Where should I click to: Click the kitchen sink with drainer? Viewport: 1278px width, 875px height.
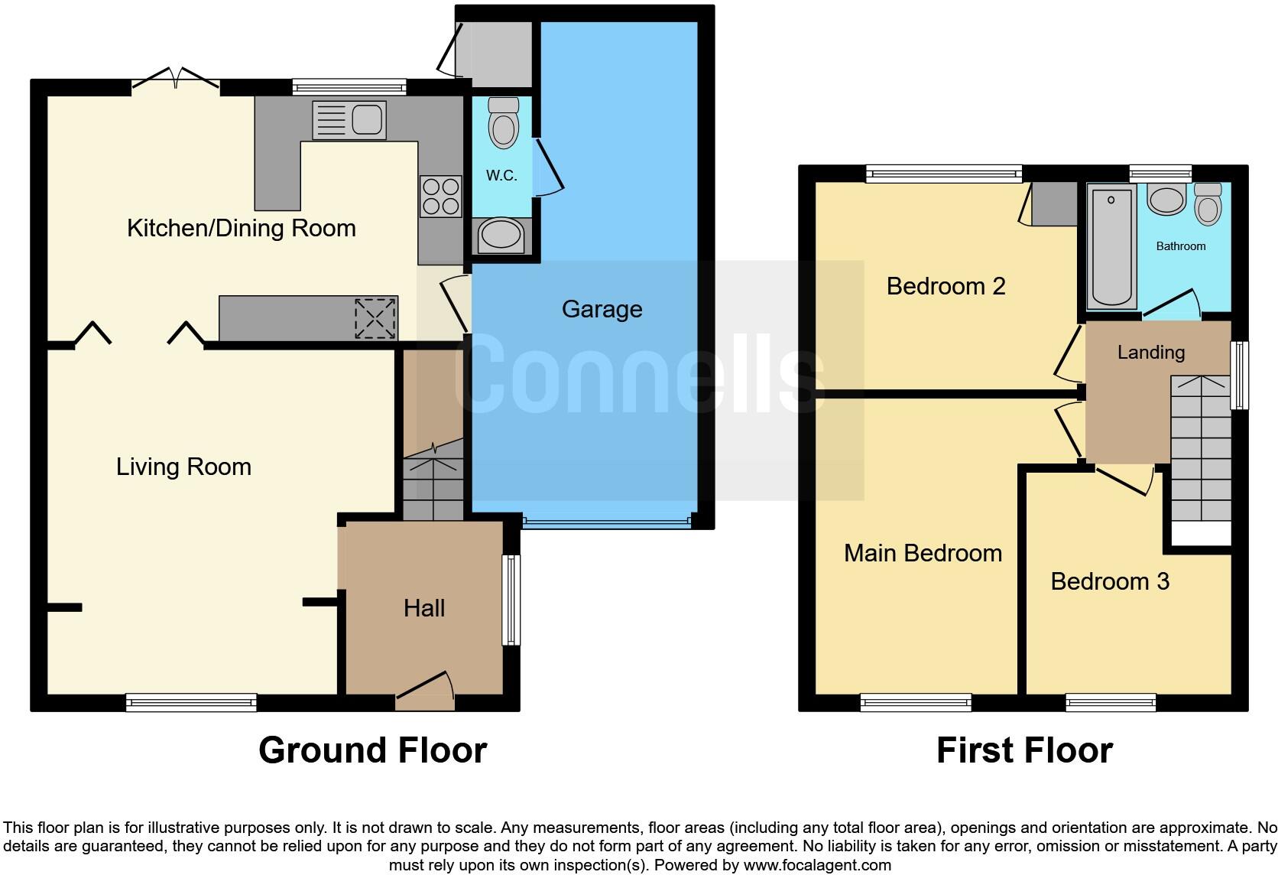point(349,121)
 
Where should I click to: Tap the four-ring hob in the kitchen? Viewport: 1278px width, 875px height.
point(441,197)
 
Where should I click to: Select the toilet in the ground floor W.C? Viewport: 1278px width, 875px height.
point(503,122)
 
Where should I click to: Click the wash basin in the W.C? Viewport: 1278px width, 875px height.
point(501,235)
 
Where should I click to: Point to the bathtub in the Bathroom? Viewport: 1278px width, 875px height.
point(1111,246)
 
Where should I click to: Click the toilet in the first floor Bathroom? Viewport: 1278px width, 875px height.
point(1208,203)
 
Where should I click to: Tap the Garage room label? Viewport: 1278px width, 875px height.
point(602,309)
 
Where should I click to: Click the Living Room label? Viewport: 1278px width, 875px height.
point(183,467)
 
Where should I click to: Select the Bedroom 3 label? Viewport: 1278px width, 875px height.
point(1110,581)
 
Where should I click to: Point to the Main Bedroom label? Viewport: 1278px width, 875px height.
point(923,553)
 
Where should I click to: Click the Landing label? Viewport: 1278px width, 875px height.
point(1150,352)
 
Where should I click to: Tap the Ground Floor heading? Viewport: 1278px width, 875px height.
point(372,750)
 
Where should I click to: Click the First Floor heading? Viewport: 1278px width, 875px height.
point(1024,750)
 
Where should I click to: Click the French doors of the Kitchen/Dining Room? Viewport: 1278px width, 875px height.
point(177,80)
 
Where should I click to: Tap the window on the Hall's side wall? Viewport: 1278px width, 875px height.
point(511,600)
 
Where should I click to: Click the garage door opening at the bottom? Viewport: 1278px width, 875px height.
point(607,522)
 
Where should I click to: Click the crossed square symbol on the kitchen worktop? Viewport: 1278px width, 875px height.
point(375,318)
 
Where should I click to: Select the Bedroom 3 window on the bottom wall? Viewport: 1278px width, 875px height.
point(1111,702)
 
